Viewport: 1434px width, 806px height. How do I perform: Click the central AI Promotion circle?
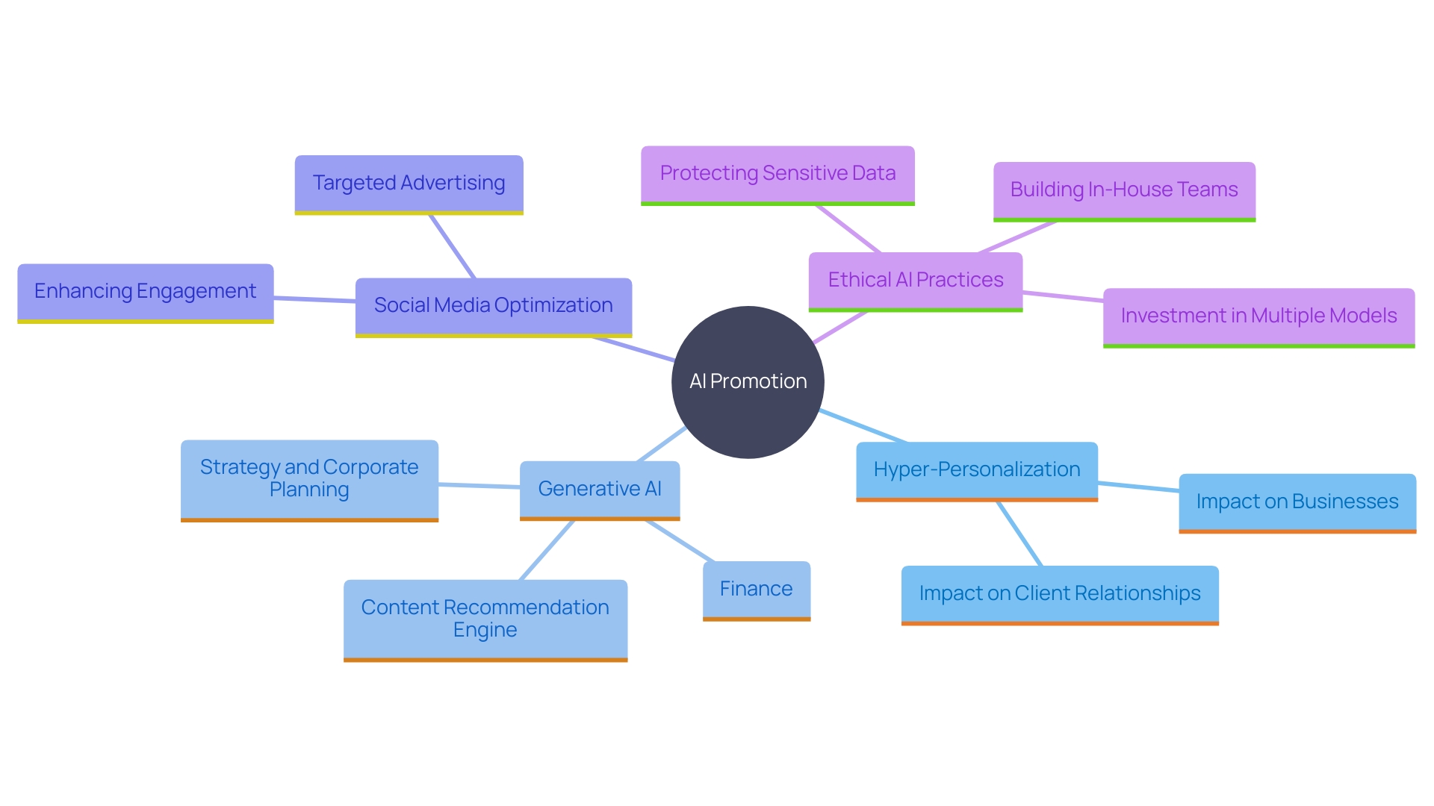(x=748, y=382)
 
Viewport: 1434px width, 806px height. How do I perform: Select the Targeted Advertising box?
(x=409, y=184)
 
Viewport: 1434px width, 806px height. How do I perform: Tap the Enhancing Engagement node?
(x=145, y=292)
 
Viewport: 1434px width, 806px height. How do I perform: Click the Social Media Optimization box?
(x=493, y=306)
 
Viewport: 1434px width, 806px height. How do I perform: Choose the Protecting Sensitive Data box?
(x=777, y=174)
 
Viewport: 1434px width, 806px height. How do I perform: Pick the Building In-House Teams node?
(x=1124, y=190)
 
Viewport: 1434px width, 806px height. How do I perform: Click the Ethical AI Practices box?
(x=915, y=281)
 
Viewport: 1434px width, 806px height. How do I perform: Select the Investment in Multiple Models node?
(x=1258, y=316)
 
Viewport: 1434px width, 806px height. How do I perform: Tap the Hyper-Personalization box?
(x=976, y=470)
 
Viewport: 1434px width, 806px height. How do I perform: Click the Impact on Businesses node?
(x=1297, y=502)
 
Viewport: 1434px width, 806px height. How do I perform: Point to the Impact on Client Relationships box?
(x=1059, y=594)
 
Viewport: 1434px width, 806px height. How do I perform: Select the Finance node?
(x=756, y=590)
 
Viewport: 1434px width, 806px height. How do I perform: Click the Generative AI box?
(x=599, y=490)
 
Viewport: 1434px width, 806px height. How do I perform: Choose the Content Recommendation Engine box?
(x=485, y=619)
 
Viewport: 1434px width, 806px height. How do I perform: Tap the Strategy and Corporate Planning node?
(x=308, y=479)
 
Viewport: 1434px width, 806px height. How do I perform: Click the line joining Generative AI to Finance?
(x=680, y=541)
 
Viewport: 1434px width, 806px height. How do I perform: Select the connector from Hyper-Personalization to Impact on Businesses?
(x=1138, y=487)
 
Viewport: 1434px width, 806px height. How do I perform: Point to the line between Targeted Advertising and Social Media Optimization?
(x=452, y=246)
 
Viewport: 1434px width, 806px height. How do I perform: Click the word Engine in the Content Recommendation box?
(x=485, y=631)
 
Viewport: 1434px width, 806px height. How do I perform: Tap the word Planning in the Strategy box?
(x=308, y=490)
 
